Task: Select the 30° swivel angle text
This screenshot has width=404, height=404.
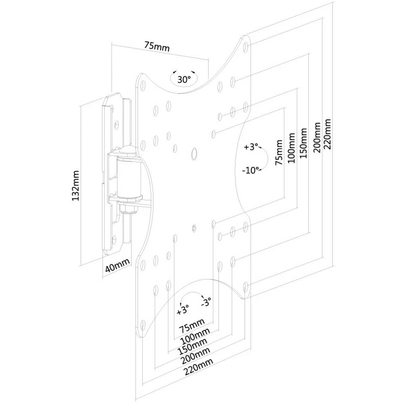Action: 184,80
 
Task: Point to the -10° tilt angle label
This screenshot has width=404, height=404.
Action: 250,170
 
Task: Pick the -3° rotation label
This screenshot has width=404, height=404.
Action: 207,302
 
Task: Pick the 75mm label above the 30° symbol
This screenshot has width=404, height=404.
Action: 157,46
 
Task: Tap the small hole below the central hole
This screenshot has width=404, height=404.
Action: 194,228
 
